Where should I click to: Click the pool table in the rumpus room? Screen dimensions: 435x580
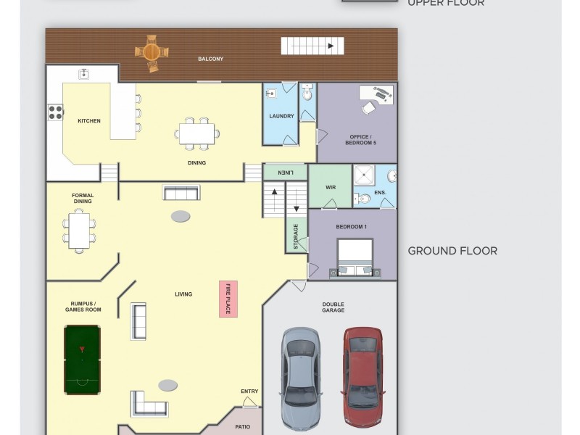pyautogui.click(x=82, y=360)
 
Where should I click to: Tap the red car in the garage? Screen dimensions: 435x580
pyautogui.click(x=362, y=377)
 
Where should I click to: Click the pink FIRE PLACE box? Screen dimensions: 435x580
pyautogui.click(x=228, y=298)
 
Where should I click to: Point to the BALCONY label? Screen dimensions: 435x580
pyautogui.click(x=210, y=59)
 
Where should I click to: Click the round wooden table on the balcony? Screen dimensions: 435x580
pyautogui.click(x=152, y=52)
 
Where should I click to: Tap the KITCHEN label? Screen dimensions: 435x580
pyautogui.click(x=89, y=121)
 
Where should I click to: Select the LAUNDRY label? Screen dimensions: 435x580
pyautogui.click(x=281, y=116)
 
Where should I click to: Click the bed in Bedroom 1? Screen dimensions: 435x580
pyautogui.click(x=355, y=258)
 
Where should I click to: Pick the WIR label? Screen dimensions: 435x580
pyautogui.click(x=331, y=187)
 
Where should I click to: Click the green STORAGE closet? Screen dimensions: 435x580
pyautogui.click(x=296, y=236)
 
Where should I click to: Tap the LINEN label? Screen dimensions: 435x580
pyautogui.click(x=285, y=173)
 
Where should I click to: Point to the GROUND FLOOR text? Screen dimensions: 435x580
pyautogui.click(x=452, y=251)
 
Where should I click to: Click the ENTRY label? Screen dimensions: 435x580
pyautogui.click(x=249, y=391)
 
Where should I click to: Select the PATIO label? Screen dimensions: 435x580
pyautogui.click(x=243, y=427)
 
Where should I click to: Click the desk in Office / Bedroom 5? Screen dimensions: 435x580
pyautogui.click(x=376, y=94)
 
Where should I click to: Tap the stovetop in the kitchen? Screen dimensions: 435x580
pyautogui.click(x=55, y=112)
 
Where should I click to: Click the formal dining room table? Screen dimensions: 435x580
pyautogui.click(x=79, y=231)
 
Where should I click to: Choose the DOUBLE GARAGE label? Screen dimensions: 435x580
pyautogui.click(x=333, y=307)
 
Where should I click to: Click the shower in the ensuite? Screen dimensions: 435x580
pyautogui.click(x=364, y=175)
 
